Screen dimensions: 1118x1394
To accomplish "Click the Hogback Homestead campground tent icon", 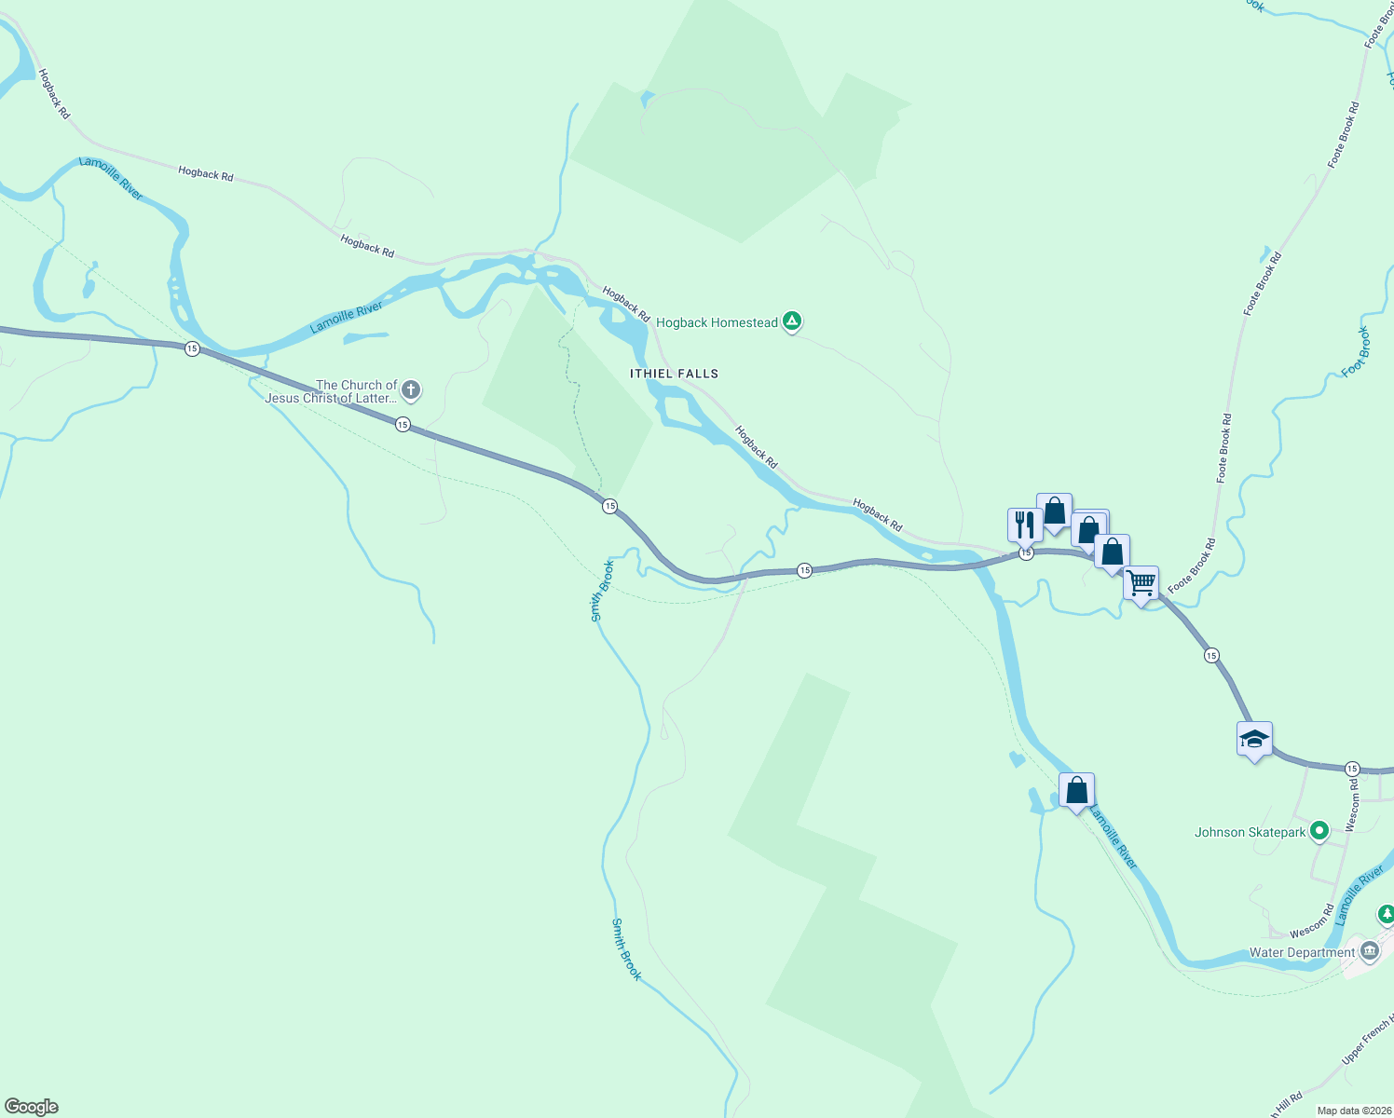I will point(792,321).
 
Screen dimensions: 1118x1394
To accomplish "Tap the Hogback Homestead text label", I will point(717,323).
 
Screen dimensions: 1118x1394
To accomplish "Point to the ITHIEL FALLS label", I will point(674,374).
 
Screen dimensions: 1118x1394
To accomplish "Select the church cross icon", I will point(411,390).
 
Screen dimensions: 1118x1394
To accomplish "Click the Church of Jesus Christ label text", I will point(332,391).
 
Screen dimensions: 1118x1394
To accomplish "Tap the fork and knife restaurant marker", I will point(1024,525).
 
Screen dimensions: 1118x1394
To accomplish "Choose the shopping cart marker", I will point(1141,584).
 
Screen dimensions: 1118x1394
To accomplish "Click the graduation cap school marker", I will point(1254,740).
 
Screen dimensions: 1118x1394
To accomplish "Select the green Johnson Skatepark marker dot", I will point(1319,831).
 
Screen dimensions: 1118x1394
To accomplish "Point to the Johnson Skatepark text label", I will point(1250,832).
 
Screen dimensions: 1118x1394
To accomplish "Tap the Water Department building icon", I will point(1370,951).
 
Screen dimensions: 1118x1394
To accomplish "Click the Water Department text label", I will point(1302,952).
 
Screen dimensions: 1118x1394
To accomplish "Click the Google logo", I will point(32,1107).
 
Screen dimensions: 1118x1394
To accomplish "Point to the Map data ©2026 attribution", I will point(1354,1111).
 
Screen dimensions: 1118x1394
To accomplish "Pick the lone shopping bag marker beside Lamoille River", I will point(1077,791).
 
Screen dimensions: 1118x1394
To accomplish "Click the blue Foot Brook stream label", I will point(1357,352).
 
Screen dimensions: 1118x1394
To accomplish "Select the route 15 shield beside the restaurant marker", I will point(1026,553).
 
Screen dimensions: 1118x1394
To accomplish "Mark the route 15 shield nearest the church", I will point(403,425).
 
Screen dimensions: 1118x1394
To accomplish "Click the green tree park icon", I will point(1387,914).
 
